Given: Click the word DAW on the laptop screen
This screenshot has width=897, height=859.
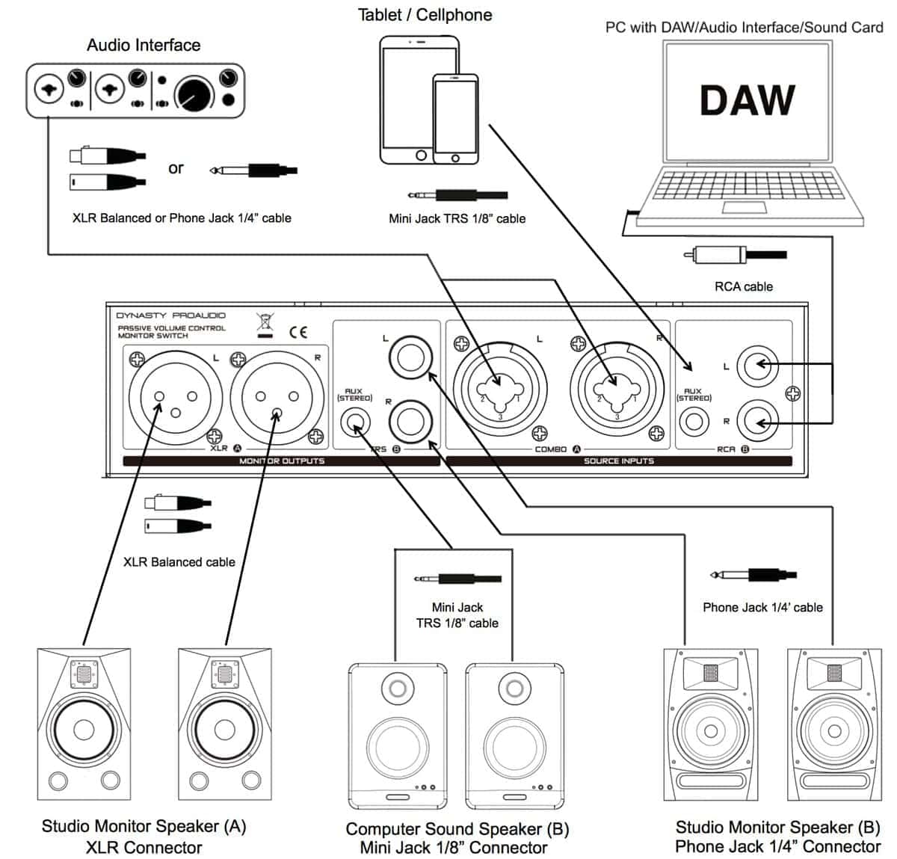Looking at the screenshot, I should click(747, 101).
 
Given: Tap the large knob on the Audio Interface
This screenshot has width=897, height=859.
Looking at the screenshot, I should click(194, 96).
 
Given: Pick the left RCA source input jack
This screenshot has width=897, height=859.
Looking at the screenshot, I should click(757, 366).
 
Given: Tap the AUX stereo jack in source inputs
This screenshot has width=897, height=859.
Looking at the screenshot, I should click(694, 422).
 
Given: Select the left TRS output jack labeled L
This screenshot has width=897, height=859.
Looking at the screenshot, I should click(410, 358).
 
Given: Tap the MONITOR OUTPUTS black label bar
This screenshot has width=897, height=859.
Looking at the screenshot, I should click(281, 461).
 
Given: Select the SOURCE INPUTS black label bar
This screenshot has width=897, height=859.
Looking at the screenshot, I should click(619, 461).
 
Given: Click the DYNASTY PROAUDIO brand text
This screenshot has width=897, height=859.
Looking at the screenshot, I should click(170, 315).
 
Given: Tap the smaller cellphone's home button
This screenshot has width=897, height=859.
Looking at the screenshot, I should click(455, 158).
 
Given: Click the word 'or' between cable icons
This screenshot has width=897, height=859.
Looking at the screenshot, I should click(176, 168).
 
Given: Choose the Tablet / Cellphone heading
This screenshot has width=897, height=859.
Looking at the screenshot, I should click(425, 15).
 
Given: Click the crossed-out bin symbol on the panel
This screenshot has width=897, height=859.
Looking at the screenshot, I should click(265, 325).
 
